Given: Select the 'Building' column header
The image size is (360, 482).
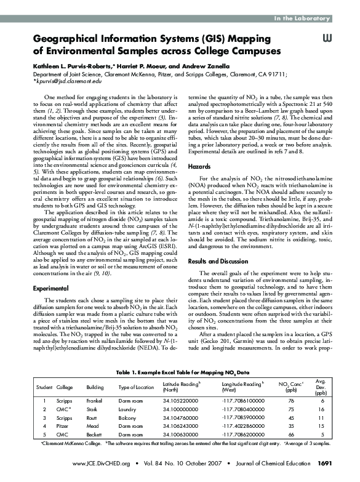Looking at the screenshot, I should click(x=95, y=387).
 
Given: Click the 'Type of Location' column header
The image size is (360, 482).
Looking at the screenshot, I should click(x=136, y=387).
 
